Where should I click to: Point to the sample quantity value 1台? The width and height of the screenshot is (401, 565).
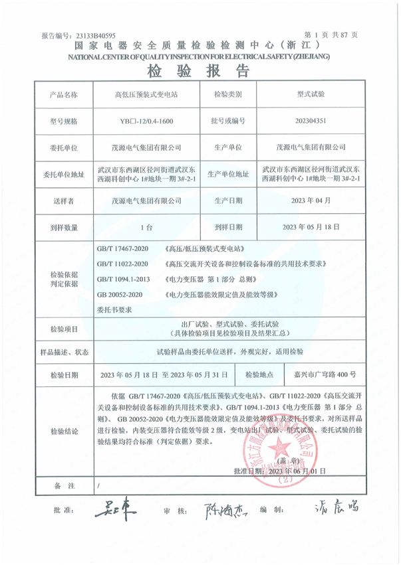coord(147,227)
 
